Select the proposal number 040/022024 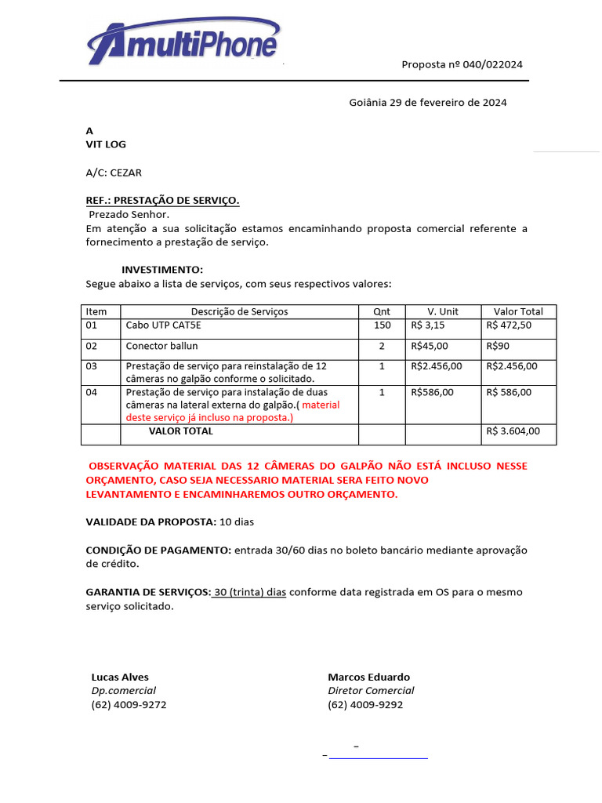(462, 64)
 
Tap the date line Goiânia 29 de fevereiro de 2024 (427, 102)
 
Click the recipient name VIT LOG (106, 144)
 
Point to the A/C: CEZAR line (114, 173)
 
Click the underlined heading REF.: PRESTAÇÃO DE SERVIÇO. (162, 201)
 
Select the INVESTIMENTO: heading (162, 270)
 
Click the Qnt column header (382, 311)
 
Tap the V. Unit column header (443, 311)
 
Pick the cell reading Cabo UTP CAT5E (163, 325)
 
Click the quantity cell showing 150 (382, 325)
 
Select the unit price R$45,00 (430, 346)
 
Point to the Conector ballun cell (162, 346)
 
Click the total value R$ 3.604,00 (513, 431)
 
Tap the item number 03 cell (92, 366)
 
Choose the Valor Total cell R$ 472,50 (509, 325)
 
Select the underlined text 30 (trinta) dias (250, 592)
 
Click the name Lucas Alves (120, 677)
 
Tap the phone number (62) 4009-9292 (365, 704)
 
